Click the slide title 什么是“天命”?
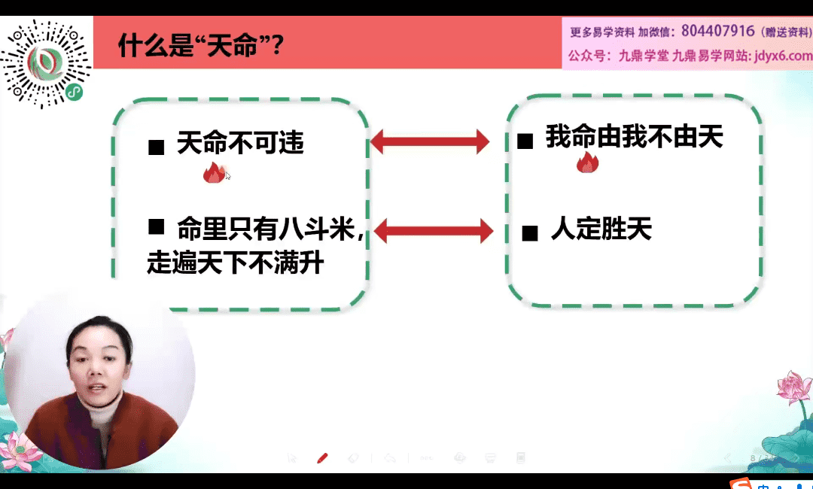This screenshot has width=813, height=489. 201,46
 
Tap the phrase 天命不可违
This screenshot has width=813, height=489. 241,142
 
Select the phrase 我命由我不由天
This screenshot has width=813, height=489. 634,137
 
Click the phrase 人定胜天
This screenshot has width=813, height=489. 601,229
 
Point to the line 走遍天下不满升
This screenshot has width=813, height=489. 236,262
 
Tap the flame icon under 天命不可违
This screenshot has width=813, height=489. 214,172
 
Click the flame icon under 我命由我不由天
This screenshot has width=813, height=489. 587,162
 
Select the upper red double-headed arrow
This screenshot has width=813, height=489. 430,141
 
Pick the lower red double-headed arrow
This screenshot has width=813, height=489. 433,230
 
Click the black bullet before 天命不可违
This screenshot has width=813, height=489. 156,147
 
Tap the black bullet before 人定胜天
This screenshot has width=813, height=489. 529,233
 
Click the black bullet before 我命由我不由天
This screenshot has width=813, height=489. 525,141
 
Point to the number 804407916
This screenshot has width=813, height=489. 717,31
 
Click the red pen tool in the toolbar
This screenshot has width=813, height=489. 322,458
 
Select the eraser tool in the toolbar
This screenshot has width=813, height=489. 352,458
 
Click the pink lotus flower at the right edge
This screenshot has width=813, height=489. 794,387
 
